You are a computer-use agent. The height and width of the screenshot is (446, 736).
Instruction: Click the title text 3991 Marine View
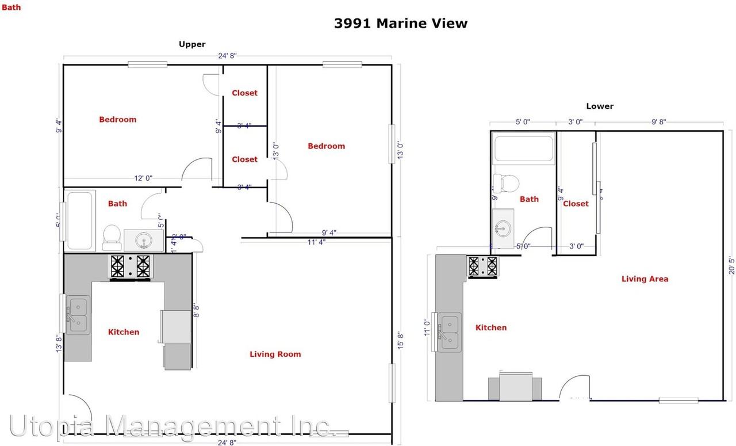click(x=400, y=24)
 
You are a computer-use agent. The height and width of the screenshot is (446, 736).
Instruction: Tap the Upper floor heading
click(x=191, y=44)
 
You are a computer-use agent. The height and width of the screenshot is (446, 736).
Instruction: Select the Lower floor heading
click(x=599, y=106)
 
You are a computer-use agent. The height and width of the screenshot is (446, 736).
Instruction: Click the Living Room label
click(x=275, y=354)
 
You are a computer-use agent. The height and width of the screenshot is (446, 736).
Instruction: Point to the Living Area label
click(x=645, y=279)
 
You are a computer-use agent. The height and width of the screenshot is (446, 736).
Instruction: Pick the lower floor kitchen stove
click(x=483, y=266)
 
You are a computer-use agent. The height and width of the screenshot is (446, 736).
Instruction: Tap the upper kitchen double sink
click(x=77, y=315)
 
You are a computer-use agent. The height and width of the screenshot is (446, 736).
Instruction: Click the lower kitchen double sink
click(x=449, y=332)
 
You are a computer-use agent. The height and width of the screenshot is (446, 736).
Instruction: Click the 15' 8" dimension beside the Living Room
click(x=400, y=340)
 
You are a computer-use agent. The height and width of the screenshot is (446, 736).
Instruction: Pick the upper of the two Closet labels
click(x=244, y=93)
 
